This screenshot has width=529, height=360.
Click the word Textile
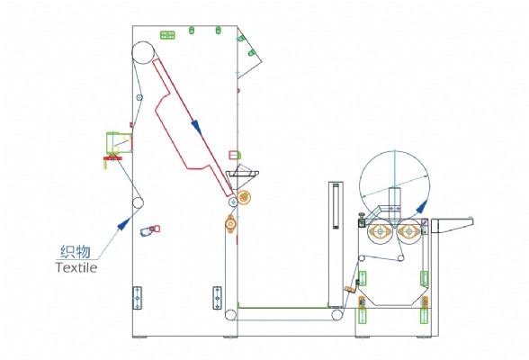(x=76, y=267)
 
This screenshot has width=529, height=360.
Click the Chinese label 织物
(x=76, y=252)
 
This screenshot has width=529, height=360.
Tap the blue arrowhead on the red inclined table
(x=196, y=127)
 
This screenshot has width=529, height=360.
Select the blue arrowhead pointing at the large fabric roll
(x=421, y=206)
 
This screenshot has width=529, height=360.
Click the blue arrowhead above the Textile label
(x=124, y=223)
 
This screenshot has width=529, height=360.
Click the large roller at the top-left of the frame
(x=143, y=52)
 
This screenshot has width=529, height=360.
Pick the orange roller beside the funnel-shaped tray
(x=244, y=197)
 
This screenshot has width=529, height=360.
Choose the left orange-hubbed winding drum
(x=381, y=231)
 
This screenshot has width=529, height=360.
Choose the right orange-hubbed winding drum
(x=408, y=231)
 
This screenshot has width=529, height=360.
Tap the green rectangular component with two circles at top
(x=167, y=35)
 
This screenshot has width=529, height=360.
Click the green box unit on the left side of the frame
(x=119, y=142)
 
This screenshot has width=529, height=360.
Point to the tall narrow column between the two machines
(x=336, y=244)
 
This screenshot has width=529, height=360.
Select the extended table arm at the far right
(x=452, y=225)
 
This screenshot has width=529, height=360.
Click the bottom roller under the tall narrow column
(x=336, y=315)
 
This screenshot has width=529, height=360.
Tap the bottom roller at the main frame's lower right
(x=230, y=315)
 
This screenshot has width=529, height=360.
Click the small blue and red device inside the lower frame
(x=150, y=230)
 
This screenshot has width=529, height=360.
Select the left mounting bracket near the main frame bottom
(x=137, y=298)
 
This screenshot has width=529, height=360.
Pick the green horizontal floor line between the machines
(x=282, y=308)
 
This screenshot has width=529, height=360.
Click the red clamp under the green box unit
(x=112, y=157)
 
